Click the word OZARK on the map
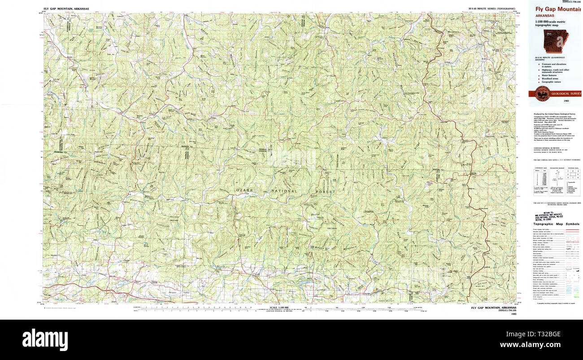[245, 191]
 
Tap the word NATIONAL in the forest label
[283, 191]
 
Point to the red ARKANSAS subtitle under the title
[548, 15]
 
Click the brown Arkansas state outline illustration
[555, 41]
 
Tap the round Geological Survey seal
[542, 94]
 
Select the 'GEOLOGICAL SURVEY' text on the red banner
[566, 94]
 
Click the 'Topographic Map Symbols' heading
[556, 224]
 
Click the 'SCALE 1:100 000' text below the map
[279, 308]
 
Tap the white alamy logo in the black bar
[45, 339]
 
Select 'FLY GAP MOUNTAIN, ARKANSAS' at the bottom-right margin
[493, 308]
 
